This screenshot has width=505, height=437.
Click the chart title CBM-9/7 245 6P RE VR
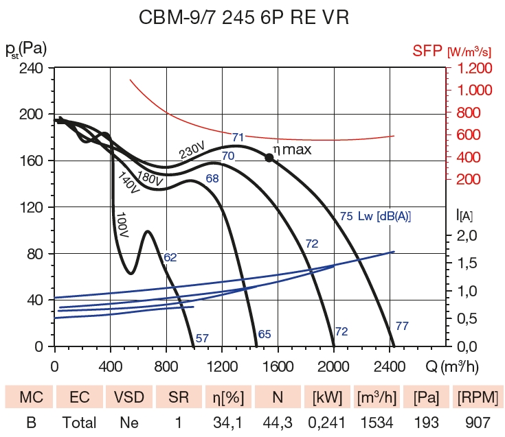click(252, 18)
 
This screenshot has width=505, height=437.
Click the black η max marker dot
click(269, 157)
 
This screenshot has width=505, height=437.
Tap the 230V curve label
click(193, 150)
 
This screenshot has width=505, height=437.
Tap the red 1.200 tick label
click(471, 69)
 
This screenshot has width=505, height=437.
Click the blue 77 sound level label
click(403, 326)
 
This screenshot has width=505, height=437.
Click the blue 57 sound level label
click(202, 338)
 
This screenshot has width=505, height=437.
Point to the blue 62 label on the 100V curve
click(170, 257)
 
